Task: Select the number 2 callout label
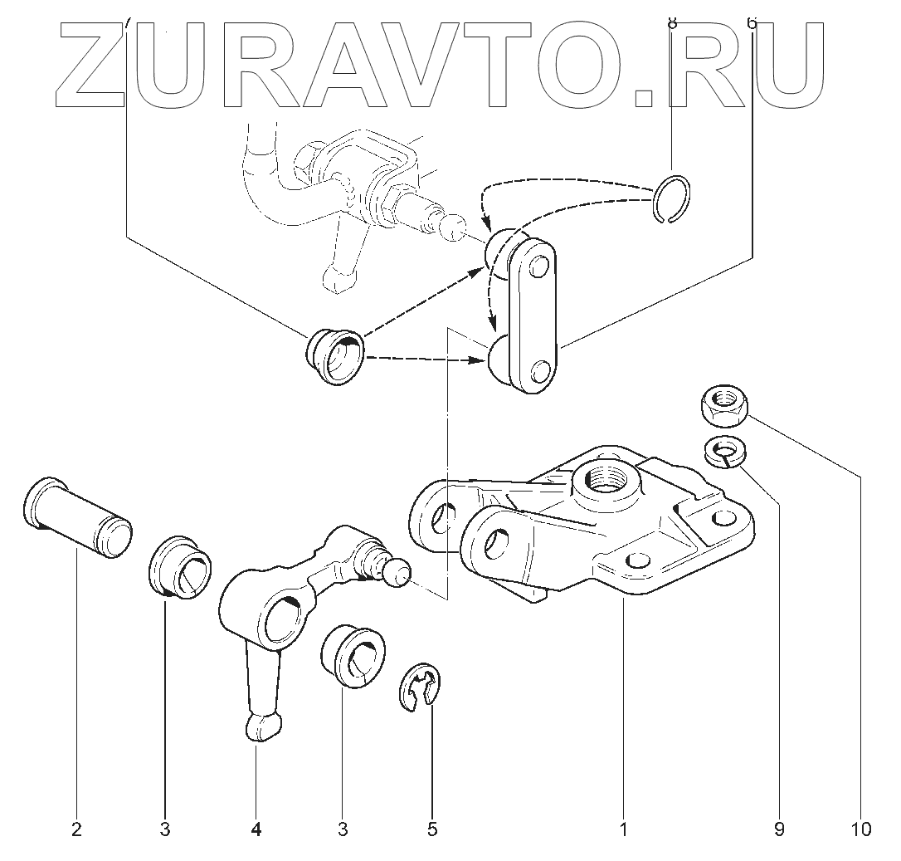76,829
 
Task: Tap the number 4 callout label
256,829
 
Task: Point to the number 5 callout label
432,829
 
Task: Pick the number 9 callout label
778,829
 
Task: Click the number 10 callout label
860,829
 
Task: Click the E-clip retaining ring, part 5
424,689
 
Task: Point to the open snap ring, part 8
670,200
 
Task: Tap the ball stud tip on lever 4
398,571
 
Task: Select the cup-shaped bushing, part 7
335,356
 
